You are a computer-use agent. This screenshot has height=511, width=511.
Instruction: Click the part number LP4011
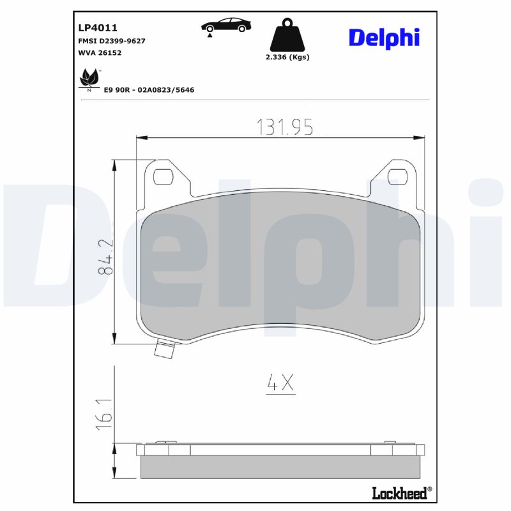click(x=98, y=28)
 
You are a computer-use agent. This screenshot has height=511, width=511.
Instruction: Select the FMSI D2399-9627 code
click(x=111, y=41)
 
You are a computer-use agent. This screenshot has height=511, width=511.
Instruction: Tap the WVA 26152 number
click(x=100, y=53)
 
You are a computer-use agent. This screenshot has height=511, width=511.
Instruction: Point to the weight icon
click(x=287, y=36)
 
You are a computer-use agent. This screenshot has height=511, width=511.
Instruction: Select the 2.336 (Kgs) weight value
click(x=287, y=57)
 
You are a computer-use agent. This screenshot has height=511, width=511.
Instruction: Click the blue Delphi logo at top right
click(x=384, y=37)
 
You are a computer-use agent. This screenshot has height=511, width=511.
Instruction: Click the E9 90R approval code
click(x=149, y=90)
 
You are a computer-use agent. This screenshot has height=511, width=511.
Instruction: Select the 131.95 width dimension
click(x=285, y=127)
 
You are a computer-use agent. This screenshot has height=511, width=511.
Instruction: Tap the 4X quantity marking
click(x=280, y=383)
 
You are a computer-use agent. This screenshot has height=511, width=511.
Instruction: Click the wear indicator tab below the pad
click(x=166, y=350)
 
